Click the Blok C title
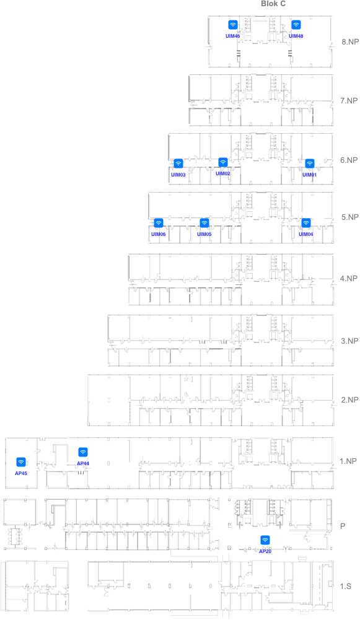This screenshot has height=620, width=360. coord(273,4)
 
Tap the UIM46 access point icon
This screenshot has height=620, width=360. coord(233,25)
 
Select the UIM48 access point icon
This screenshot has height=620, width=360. coord(296,25)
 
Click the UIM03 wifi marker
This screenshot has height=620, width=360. coord(178,164)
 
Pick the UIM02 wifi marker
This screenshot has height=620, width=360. coord(222,162)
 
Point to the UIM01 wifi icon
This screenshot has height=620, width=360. coord(309,164)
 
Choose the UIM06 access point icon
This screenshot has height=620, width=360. coord(158,223)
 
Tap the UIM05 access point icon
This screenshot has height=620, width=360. coord(204,223)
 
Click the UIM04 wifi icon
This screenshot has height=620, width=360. coord(306,223)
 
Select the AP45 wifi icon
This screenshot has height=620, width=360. coord(21,462)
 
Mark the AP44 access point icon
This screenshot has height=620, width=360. coord(82,452)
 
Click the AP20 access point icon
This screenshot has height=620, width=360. coord(265,540)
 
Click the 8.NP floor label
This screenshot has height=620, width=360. coord(350,42)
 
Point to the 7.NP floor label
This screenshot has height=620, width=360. coord(349,101)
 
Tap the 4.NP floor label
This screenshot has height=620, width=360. coord(349,279)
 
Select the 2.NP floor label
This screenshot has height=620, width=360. coord(349,400)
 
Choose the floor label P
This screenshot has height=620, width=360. coord(343,526)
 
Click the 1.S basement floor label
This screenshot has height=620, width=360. coord(346,586)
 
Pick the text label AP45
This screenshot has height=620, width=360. coord(21,473)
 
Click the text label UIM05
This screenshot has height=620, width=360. coord(204,235)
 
